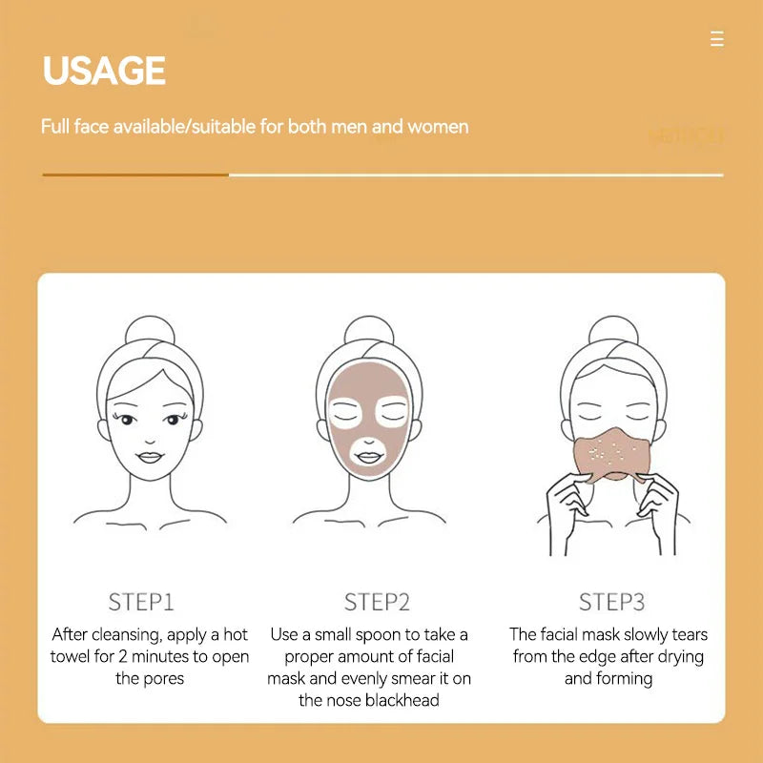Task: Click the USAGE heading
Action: pyautogui.click(x=104, y=72)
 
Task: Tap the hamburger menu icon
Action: pyautogui.click(x=717, y=39)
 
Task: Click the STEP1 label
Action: pyautogui.click(x=141, y=602)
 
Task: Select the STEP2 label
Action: pyautogui.click(x=377, y=602)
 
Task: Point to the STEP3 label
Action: pyautogui.click(x=612, y=602)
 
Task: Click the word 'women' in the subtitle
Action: pyautogui.click(x=438, y=126)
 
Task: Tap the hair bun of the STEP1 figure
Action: pyautogui.click(x=150, y=329)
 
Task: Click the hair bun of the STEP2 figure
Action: pyautogui.click(x=369, y=329)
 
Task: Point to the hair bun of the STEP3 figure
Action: pyautogui.click(x=612, y=329)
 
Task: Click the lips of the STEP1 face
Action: pyautogui.click(x=150, y=456)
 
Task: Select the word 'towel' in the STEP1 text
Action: pyautogui.click(x=72, y=657)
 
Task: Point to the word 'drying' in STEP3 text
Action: pyautogui.click(x=679, y=657)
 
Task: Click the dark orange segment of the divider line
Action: pyautogui.click(x=134, y=175)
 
